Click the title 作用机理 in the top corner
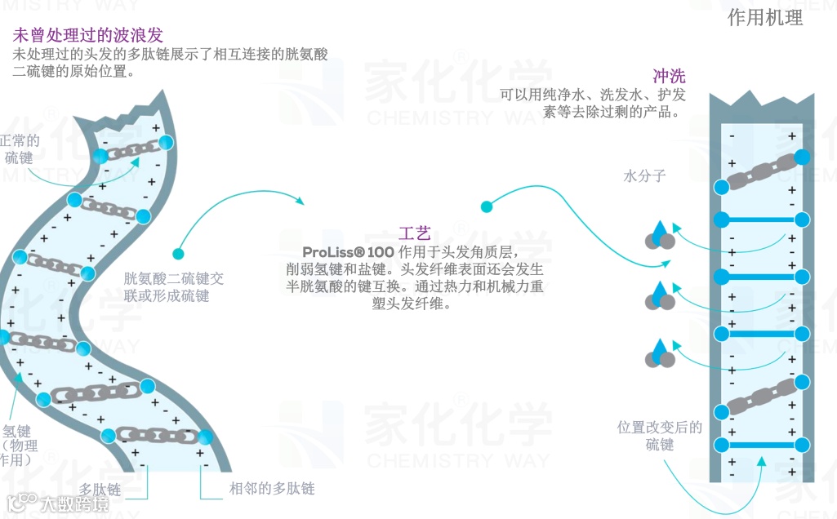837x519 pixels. click(x=764, y=18)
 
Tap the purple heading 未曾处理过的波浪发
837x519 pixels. click(x=88, y=35)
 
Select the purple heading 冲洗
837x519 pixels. click(x=669, y=77)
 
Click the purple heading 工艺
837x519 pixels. click(x=415, y=234)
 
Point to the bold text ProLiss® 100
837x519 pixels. click(x=348, y=252)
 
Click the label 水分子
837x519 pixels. click(x=644, y=175)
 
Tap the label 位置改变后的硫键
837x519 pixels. click(x=660, y=436)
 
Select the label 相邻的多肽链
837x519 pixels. click(x=271, y=489)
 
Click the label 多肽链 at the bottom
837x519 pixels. click(x=100, y=489)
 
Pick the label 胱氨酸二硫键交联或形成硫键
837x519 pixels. click(x=173, y=286)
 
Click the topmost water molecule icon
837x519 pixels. click(x=660, y=235)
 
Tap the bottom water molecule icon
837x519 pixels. click(x=660, y=352)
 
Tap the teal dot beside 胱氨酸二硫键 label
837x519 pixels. click(x=178, y=254)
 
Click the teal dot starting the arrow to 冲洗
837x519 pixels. click(x=487, y=206)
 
